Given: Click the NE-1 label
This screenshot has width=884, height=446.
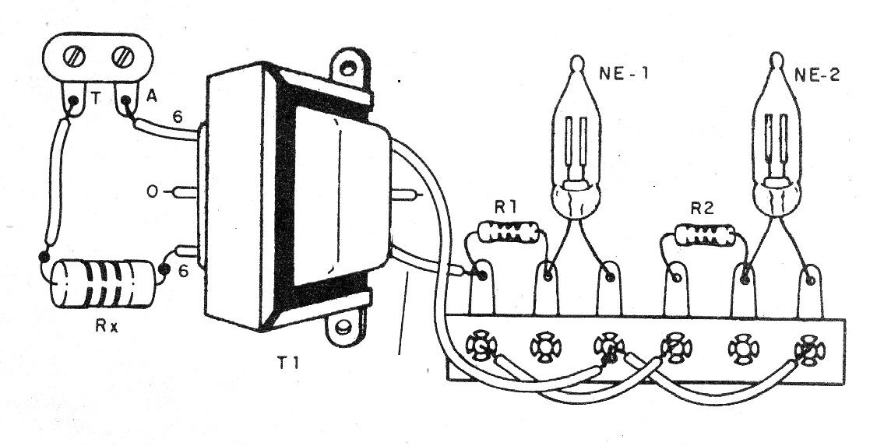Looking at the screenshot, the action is (623, 73).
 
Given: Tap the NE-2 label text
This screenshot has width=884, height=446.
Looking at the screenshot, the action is (816, 74).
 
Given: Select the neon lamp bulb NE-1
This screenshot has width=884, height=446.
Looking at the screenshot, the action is (576, 138).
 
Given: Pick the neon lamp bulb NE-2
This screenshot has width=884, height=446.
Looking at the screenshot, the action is (777, 135).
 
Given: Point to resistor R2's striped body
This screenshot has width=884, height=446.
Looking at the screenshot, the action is (705, 235).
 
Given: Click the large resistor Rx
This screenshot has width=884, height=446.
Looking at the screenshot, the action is (102, 283).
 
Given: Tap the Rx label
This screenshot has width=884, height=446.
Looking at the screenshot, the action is (107, 326).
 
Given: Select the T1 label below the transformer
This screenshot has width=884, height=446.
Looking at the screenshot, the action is (288, 363).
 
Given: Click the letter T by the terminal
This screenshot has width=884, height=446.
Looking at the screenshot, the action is (97, 99).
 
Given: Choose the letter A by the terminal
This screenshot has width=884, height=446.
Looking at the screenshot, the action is (151, 97).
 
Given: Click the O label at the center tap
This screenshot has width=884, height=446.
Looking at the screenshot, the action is (152, 192).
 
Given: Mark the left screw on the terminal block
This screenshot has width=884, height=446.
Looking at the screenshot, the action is (75, 57).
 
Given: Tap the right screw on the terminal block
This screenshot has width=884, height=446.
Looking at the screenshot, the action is (123, 56).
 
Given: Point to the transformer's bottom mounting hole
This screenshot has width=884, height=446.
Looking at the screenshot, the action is (342, 326).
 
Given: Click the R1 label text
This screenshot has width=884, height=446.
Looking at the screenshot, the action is (505, 209).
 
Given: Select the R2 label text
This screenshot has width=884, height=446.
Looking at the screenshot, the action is (702, 209).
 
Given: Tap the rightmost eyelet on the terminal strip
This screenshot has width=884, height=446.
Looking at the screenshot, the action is (809, 350).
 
